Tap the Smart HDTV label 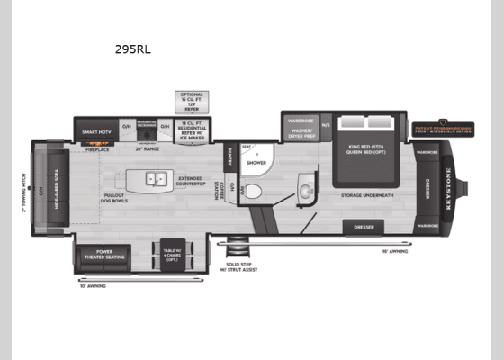pyautogui.click(x=97, y=132)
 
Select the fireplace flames pyautogui.click(x=97, y=143)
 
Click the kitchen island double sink pyautogui.click(x=151, y=177)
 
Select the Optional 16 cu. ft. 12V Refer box pyautogui.click(x=192, y=100)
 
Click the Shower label pyautogui.click(x=256, y=163)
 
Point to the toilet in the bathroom pyautogui.click(x=253, y=191)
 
